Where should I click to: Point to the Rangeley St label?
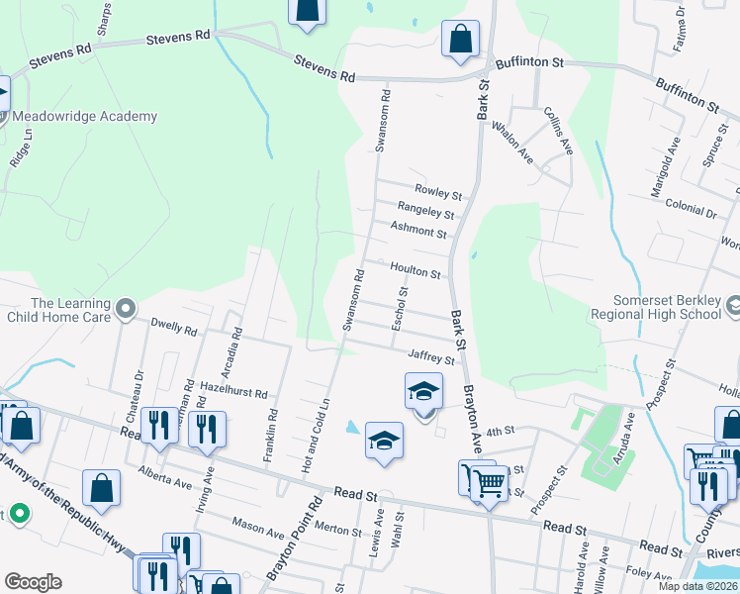425,211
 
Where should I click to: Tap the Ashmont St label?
418,230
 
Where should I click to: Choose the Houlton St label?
415,269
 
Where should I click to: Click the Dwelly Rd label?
174,325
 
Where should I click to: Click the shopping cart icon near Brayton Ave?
488,484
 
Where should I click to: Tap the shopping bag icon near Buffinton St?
460,41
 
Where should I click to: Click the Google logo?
33,582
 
